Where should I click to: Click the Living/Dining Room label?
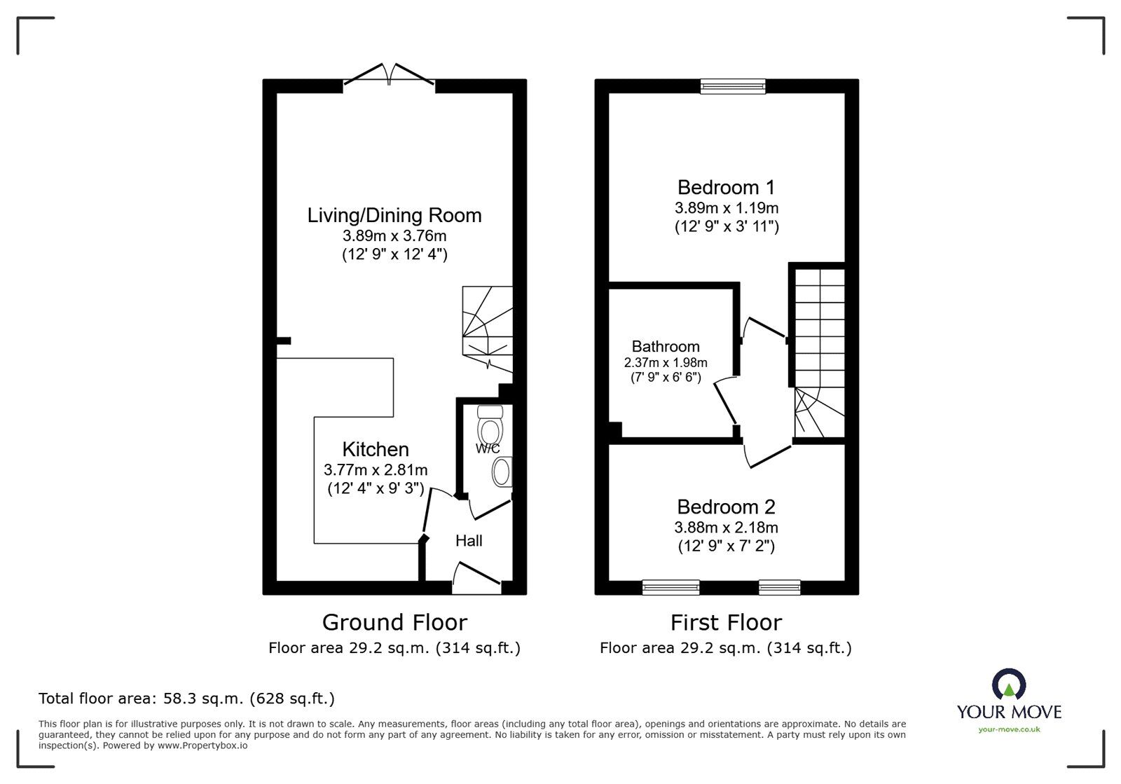pyautogui.click(x=394, y=215)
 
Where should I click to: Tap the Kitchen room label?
pyautogui.click(x=376, y=449)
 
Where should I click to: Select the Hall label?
pyautogui.click(x=469, y=541)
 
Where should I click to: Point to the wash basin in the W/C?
pyautogui.click(x=502, y=472)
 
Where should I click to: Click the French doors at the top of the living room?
pyautogui.click(x=389, y=76)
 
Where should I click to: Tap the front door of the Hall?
pyautogui.click(x=476, y=576)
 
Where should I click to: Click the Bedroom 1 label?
pyautogui.click(x=726, y=187)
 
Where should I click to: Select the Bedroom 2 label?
pyautogui.click(x=726, y=507)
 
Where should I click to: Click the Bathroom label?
pyautogui.click(x=666, y=346)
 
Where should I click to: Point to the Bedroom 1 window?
pyautogui.click(x=733, y=86)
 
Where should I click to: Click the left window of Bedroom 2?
pyautogui.click(x=670, y=587)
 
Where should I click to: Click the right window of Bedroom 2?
pyautogui.click(x=779, y=587)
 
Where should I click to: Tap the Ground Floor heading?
pyautogui.click(x=394, y=622)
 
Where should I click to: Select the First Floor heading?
pyautogui.click(x=726, y=622)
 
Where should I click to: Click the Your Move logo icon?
pyautogui.click(x=1009, y=685)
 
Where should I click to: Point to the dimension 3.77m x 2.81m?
pyautogui.click(x=376, y=470)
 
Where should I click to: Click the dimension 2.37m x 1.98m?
pyautogui.click(x=666, y=363)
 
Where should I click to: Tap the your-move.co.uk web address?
pyautogui.click(x=1009, y=729)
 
